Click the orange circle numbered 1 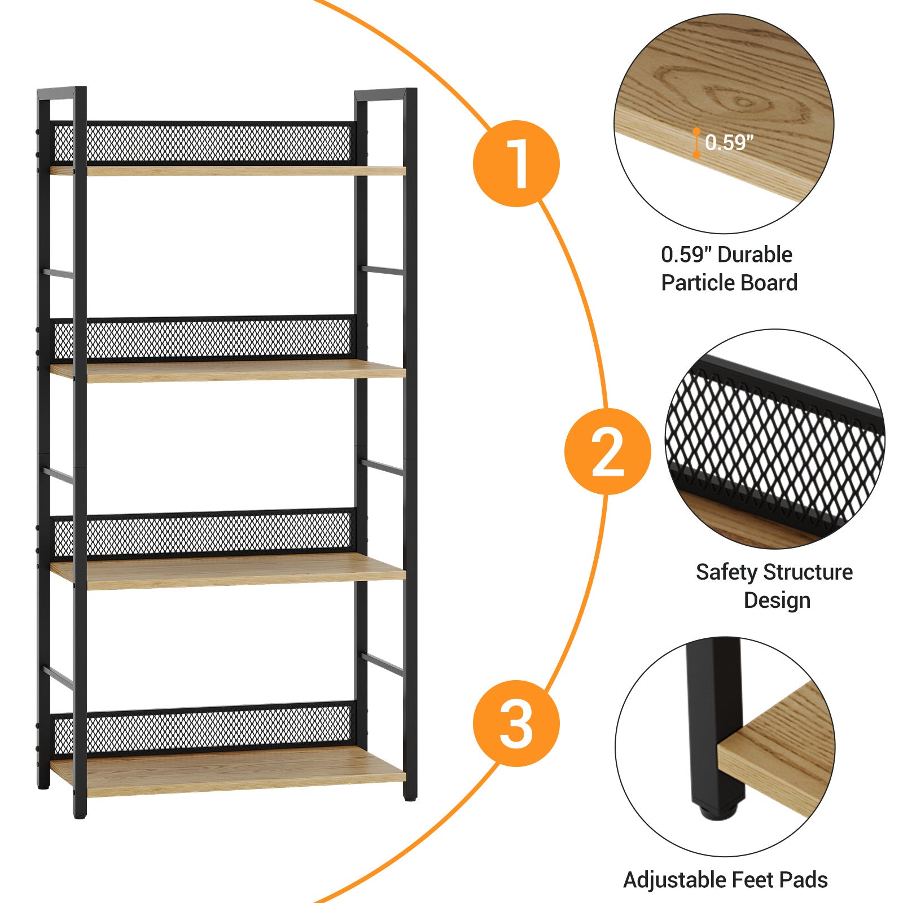pyautogui.click(x=516, y=164)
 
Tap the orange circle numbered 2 pyautogui.click(x=608, y=451)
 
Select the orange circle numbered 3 pyautogui.click(x=516, y=723)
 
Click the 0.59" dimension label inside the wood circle pyautogui.click(x=729, y=143)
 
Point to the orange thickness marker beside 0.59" pyautogui.click(x=696, y=143)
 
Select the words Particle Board pyautogui.click(x=729, y=283)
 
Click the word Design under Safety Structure pyautogui.click(x=777, y=600)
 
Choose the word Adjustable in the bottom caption pyautogui.click(x=674, y=880)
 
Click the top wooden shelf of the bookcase pyautogui.click(x=228, y=170)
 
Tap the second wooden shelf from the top pyautogui.click(x=228, y=371)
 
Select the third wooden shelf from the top pyautogui.click(x=228, y=571)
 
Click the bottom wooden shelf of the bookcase pyautogui.click(x=228, y=770)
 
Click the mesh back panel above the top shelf pyautogui.click(x=203, y=142)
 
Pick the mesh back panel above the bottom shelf pyautogui.click(x=203, y=729)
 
